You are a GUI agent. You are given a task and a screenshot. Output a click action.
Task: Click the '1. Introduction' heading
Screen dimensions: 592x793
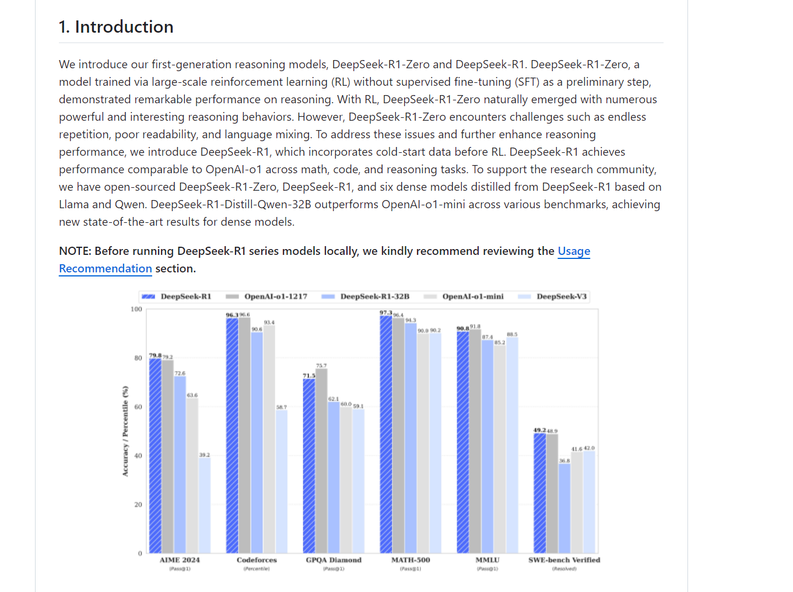(116, 27)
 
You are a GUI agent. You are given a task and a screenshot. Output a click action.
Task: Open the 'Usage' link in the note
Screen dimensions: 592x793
(574, 251)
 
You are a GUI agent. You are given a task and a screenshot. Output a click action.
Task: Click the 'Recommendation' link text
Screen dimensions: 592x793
(106, 269)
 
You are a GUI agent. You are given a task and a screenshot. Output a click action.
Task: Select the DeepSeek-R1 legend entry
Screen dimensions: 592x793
(177, 297)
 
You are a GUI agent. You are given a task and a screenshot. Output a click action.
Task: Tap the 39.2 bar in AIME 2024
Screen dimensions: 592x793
(205, 505)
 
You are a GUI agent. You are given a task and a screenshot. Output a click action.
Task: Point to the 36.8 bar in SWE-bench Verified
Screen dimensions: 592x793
(564, 508)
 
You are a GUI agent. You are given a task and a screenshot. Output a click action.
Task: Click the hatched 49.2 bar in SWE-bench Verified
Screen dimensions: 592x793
(540, 493)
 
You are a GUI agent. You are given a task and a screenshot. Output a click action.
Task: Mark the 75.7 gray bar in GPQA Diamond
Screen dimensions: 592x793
(321, 461)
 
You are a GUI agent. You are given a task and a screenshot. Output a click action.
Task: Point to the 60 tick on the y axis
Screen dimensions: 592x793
(138, 407)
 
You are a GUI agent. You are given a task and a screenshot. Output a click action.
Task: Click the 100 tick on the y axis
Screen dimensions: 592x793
(136, 310)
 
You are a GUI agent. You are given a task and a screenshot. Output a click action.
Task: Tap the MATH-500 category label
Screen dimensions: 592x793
(410, 560)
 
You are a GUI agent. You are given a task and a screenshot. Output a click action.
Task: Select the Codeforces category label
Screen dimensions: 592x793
(257, 560)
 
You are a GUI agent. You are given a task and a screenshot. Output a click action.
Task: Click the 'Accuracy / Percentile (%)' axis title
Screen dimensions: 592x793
(125, 431)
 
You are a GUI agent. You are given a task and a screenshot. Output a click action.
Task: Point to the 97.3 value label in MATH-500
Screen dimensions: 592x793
(385, 313)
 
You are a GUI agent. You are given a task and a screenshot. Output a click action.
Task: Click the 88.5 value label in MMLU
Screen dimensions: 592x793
(512, 334)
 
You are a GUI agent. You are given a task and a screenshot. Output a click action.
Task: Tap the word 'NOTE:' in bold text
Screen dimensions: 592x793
(75, 251)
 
